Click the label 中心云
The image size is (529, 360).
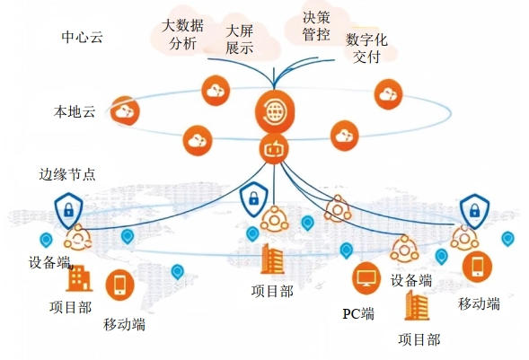(82, 37)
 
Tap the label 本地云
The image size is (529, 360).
(75, 111)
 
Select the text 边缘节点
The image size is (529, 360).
(67, 174)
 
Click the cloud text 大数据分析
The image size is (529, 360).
(182, 34)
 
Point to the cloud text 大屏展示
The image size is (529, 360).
(240, 40)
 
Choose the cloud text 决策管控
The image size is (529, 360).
(316, 26)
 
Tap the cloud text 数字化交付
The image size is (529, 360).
(366, 48)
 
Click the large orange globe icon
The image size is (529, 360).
(275, 111)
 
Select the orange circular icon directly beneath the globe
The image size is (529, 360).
(274, 149)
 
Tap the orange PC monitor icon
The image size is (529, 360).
(366, 278)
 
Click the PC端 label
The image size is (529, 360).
(358, 314)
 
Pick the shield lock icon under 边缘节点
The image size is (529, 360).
(68, 210)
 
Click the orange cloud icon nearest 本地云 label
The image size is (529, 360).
(125, 111)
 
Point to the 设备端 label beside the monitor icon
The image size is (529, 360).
(411, 280)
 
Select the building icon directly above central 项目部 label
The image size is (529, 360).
(272, 259)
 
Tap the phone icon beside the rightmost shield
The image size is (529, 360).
(477, 267)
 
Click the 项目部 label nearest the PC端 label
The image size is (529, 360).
(419, 339)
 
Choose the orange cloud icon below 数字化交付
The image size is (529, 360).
(388, 94)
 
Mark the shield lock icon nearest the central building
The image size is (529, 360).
(253, 199)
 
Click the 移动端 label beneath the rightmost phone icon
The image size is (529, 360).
(479, 303)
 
